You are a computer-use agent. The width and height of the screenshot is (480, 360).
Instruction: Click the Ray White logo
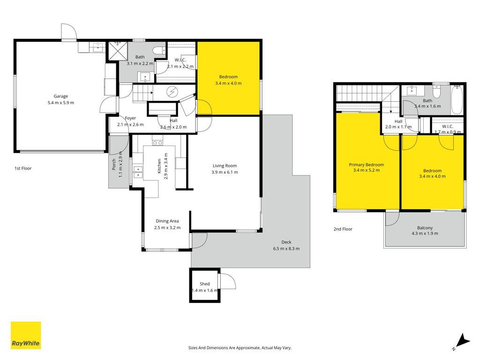tap(26, 335)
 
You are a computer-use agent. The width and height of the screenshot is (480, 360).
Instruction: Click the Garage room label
tap(60, 96)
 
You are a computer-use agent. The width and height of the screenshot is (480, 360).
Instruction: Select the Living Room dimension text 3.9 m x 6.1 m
tap(225, 172)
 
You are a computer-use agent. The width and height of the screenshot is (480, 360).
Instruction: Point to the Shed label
tap(204, 284)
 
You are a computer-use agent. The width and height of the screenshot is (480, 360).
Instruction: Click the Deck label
tap(286, 242)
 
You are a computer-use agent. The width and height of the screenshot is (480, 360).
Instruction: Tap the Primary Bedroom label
tap(367, 165)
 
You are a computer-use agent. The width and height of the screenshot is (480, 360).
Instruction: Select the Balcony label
tap(425, 228)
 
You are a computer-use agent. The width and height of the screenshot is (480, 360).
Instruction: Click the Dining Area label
tap(167, 221)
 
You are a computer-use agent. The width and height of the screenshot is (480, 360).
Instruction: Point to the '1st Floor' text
tap(23, 168)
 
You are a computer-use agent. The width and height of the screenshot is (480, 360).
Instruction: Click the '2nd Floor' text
tap(343, 229)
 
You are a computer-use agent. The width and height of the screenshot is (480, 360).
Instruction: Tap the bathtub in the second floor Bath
tap(457, 99)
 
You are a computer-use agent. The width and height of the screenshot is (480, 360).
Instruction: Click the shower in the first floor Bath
tap(118, 51)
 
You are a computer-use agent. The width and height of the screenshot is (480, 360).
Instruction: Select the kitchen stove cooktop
tap(157, 142)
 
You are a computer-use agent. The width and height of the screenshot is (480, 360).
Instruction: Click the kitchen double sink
tap(138, 172)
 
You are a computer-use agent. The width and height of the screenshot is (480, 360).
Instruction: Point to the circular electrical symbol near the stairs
tap(172, 91)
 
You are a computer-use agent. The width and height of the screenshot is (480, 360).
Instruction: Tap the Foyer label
tap(130, 118)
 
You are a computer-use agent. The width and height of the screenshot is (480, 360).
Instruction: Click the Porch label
tap(114, 165)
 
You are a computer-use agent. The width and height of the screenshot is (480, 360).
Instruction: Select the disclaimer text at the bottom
tap(240, 348)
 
